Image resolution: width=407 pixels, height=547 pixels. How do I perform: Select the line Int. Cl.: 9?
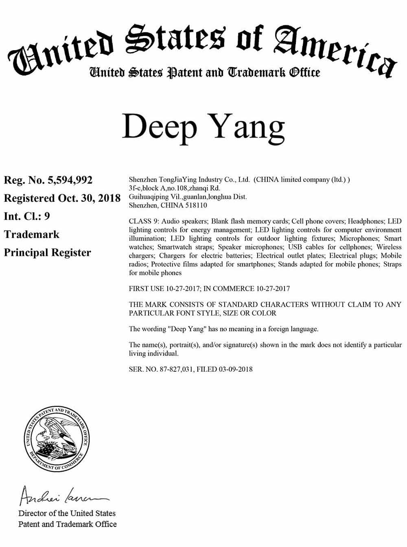(x=27, y=216)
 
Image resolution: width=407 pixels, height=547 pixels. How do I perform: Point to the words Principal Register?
(x=47, y=253)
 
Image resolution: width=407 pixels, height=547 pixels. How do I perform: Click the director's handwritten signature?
(x=61, y=496)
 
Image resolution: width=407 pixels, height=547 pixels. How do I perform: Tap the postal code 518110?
(x=197, y=205)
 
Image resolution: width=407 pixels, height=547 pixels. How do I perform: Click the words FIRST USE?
(x=146, y=289)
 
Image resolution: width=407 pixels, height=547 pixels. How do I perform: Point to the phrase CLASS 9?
(x=144, y=221)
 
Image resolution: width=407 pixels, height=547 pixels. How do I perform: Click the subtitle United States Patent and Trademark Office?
(x=205, y=73)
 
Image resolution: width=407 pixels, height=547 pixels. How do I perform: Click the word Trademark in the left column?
(x=31, y=234)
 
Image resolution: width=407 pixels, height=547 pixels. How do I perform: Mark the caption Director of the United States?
(x=67, y=514)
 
